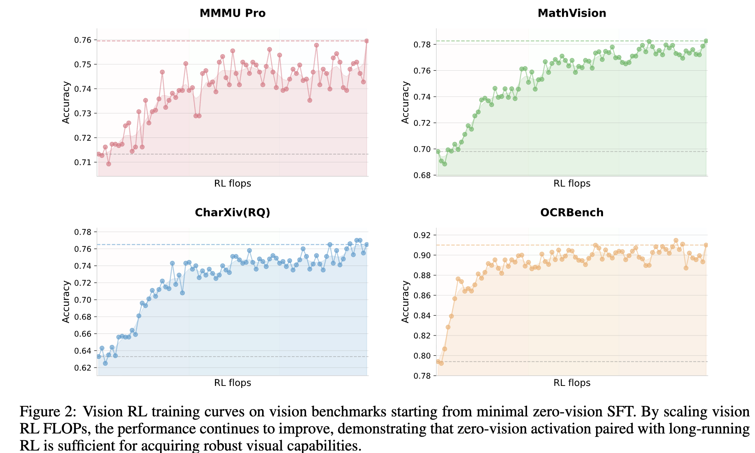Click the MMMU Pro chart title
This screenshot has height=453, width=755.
pyautogui.click(x=232, y=13)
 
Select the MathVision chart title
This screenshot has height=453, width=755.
pyautogui.click(x=572, y=13)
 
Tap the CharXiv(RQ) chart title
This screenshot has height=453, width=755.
pyautogui.click(x=232, y=212)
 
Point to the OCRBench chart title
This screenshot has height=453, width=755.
pyautogui.click(x=572, y=212)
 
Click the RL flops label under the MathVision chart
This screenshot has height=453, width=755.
pyautogui.click(x=572, y=183)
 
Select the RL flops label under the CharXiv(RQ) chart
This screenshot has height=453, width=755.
pyautogui.click(x=232, y=383)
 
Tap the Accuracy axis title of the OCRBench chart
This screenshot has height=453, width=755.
pyautogui.click(x=405, y=302)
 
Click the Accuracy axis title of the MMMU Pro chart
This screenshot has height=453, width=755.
pyautogui.click(x=66, y=102)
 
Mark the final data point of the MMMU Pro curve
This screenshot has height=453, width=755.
pyautogui.click(x=367, y=41)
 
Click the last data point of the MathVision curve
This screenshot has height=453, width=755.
pyautogui.click(x=706, y=41)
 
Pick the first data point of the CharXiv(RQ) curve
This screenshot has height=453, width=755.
pyautogui.click(x=98, y=356)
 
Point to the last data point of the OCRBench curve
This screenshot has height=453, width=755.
pyautogui.click(x=706, y=245)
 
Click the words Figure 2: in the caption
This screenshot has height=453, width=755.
pyautogui.click(x=48, y=412)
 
